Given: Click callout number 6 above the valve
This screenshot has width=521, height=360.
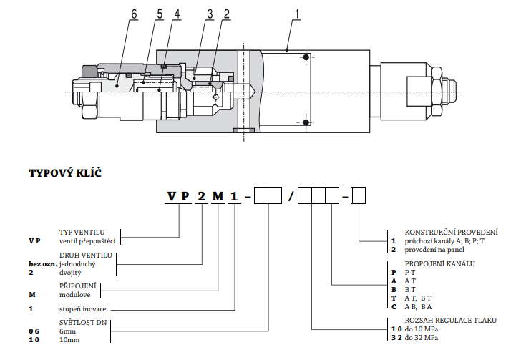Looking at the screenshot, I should (133, 13).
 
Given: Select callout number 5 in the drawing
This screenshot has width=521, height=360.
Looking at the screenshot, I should (159, 13).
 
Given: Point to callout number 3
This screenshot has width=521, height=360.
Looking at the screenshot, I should (210, 13).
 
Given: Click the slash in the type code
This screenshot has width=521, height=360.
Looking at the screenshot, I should (290, 195).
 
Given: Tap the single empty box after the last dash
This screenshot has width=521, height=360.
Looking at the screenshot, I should (359, 195).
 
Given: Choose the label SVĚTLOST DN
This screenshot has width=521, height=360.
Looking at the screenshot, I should (83, 323).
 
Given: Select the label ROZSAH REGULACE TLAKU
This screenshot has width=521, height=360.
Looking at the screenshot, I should (450, 320).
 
